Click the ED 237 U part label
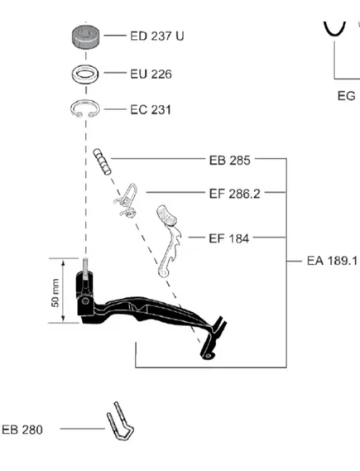point(157,36)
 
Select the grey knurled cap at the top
point(85,36)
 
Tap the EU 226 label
point(151,74)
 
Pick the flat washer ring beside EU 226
point(85,74)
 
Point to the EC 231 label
point(151,109)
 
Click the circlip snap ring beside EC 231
point(74,108)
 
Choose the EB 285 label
point(230,161)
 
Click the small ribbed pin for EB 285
point(102,161)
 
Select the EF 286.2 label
point(235,194)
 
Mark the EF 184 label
point(228,238)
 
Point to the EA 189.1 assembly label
point(332,261)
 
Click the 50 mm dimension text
point(55,293)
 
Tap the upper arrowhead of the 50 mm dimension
point(63,264)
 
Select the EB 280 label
point(22,430)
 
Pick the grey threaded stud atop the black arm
point(85,269)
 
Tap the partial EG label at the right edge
point(347,96)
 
